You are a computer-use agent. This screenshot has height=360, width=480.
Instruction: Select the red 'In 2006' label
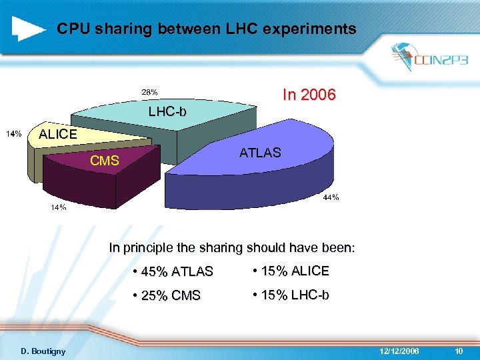(309, 95)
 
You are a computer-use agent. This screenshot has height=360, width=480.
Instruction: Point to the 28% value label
(149, 92)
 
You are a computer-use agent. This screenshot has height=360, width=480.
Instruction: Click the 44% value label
(331, 197)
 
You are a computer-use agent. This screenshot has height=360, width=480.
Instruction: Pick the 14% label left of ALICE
(14, 134)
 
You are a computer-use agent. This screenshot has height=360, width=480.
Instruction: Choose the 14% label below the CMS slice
(59, 208)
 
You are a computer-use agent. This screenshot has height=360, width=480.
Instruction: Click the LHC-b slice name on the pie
(167, 111)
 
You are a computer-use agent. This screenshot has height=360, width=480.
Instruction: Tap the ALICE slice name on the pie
(58, 134)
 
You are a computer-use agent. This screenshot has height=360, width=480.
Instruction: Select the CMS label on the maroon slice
(105, 161)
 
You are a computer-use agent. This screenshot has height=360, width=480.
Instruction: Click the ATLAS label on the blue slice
(260, 153)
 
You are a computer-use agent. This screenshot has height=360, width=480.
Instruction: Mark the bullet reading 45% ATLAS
(173, 271)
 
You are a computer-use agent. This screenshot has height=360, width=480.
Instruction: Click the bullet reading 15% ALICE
(291, 271)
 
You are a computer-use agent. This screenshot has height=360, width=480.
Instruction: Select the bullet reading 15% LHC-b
(291, 295)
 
